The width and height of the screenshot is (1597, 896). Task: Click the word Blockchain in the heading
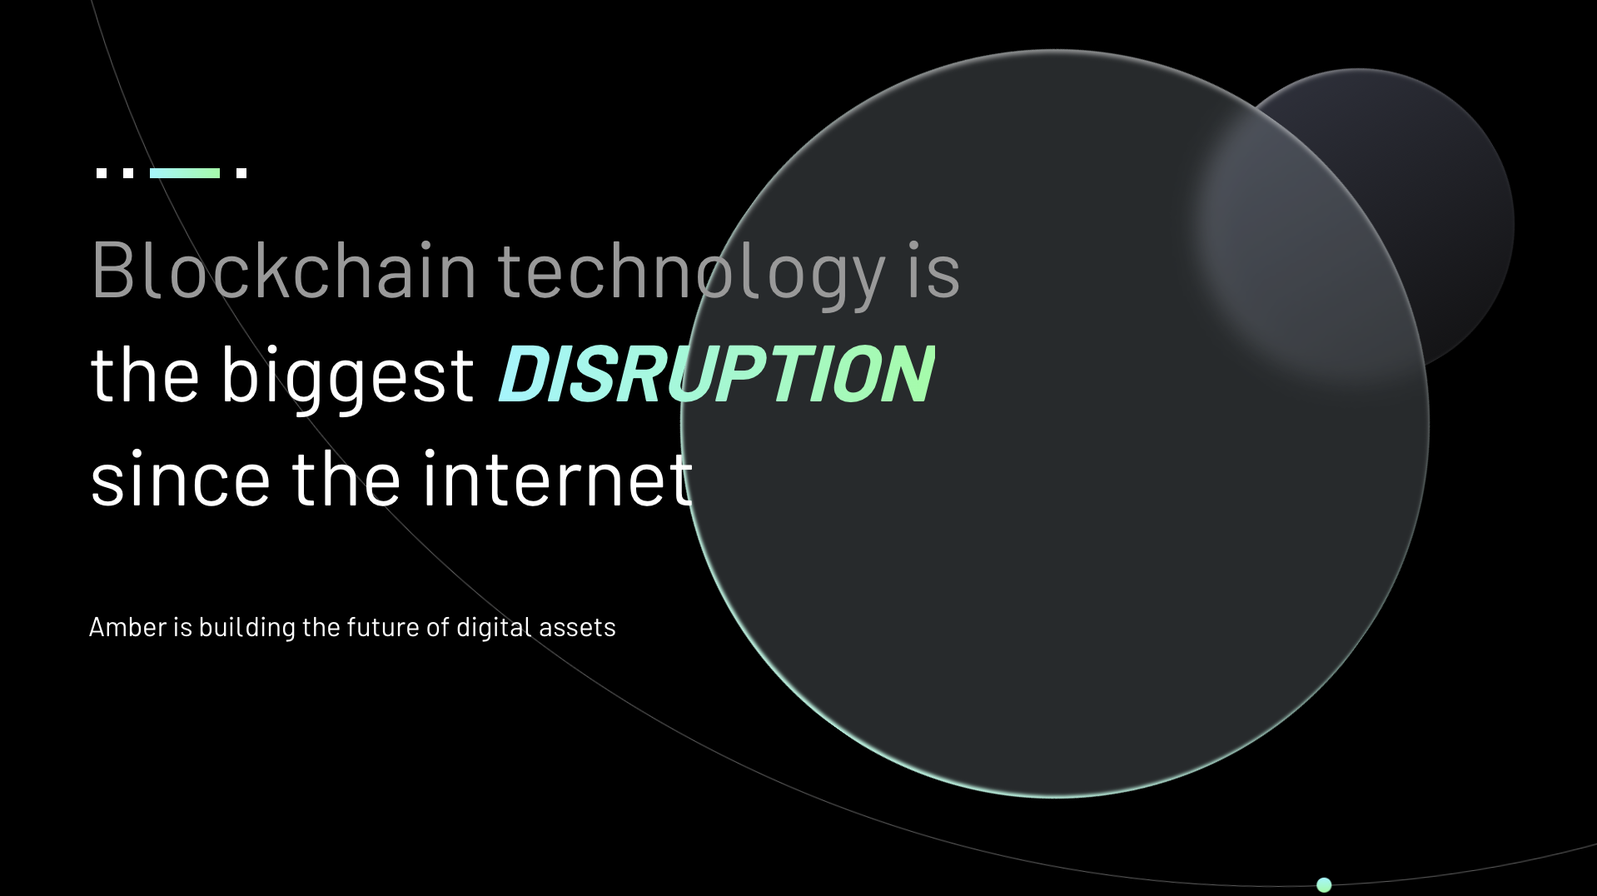tap(284, 269)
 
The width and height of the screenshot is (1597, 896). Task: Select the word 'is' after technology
tap(933, 269)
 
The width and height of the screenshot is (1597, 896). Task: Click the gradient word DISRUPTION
tap(716, 375)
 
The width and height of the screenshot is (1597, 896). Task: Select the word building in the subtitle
tap(246, 628)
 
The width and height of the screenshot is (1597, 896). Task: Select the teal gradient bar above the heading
tap(185, 173)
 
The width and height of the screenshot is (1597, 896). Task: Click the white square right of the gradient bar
tap(241, 173)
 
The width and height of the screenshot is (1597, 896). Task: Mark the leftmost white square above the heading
tap(102, 173)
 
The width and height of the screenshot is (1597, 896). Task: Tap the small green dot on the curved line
tap(1324, 884)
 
